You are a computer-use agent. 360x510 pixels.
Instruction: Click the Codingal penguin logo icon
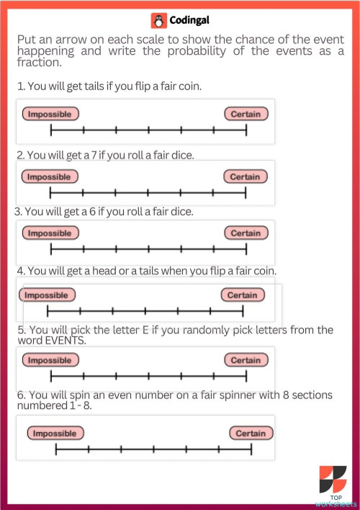click(x=158, y=21)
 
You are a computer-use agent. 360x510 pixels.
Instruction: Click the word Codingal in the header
click(x=189, y=20)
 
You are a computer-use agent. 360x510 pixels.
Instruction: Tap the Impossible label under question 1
click(x=50, y=114)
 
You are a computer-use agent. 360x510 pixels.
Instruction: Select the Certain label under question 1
click(x=246, y=114)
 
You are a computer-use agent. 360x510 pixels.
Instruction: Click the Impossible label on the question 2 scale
click(x=50, y=176)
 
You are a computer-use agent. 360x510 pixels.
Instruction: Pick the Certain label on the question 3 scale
click(x=246, y=233)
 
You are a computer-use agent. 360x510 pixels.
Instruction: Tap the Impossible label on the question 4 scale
click(x=47, y=295)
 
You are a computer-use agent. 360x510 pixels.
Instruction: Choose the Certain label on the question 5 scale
click(x=246, y=360)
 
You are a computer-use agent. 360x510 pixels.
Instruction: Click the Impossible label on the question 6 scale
click(x=55, y=433)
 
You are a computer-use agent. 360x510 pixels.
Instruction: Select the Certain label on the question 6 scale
click(x=251, y=433)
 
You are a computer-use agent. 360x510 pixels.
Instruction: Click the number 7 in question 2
click(x=94, y=155)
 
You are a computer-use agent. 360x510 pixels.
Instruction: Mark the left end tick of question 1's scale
click(x=51, y=130)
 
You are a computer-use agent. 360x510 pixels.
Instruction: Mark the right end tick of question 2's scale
click(x=246, y=192)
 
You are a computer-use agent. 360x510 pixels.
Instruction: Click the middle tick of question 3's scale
click(x=148, y=249)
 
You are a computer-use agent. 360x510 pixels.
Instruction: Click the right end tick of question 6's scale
click(x=251, y=449)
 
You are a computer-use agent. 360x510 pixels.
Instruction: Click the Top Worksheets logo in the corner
click(x=333, y=485)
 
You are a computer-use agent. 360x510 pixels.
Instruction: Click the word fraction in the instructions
click(x=40, y=62)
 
